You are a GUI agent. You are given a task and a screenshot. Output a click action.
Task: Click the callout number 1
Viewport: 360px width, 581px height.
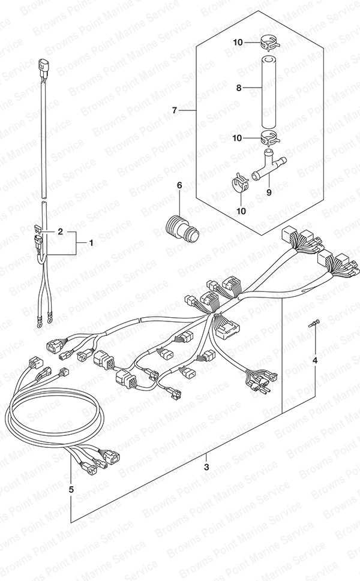[91, 243]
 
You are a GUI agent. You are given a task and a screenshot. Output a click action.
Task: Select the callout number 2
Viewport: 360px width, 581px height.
[59, 232]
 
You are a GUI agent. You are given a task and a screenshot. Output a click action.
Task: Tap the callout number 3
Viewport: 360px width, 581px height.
[207, 467]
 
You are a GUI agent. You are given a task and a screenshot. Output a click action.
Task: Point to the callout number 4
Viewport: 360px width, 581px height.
[315, 360]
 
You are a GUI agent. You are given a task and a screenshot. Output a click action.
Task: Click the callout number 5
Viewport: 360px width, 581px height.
[71, 489]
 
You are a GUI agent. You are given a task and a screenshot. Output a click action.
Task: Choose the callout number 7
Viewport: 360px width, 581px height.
[175, 110]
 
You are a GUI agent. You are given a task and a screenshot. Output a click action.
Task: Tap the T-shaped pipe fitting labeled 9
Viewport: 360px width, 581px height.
[269, 164]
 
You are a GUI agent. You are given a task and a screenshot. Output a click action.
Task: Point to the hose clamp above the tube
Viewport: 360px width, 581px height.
[270, 43]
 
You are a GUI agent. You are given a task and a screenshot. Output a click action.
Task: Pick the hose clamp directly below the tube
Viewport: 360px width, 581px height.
[269, 138]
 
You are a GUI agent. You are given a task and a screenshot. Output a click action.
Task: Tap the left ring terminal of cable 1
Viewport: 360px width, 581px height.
[38, 325]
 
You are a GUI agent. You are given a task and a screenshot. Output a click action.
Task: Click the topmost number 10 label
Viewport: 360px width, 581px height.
[238, 42]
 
